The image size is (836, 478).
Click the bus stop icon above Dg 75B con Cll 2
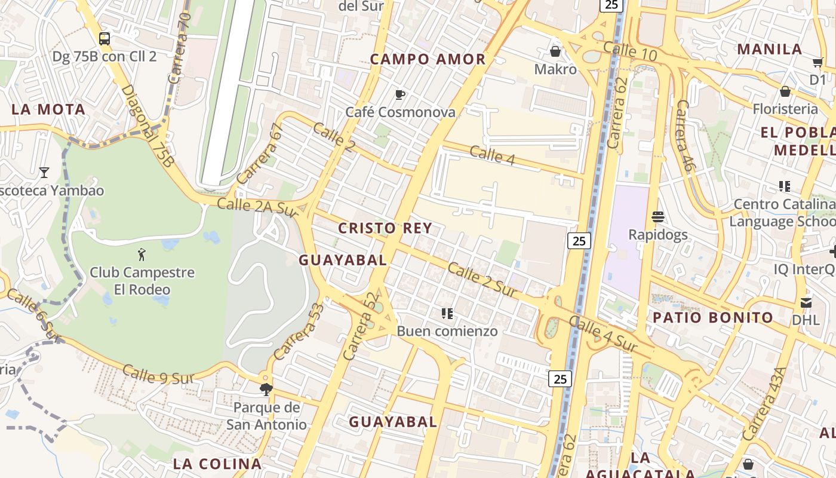coord(105,39)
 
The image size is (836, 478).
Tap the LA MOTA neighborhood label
coord(48,109)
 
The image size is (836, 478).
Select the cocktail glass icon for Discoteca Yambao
coord(44,173)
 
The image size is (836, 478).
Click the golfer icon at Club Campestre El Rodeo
coord(142,255)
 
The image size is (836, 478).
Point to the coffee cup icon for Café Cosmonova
coord(400,94)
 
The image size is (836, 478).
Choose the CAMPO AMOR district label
coord(428,59)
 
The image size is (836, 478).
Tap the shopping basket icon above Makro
coord(555,51)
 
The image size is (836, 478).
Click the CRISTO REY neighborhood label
coord(385,228)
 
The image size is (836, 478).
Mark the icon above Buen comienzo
coord(447,313)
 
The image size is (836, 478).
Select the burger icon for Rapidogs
coord(658,216)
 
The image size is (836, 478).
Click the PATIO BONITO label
coord(712,317)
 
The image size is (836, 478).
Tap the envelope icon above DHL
coord(806,302)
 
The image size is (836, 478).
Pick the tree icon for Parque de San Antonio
coord(266,390)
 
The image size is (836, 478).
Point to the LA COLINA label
coord(217,464)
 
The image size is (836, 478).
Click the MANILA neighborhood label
coord(770,49)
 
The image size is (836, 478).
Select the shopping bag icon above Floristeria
coord(785,91)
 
